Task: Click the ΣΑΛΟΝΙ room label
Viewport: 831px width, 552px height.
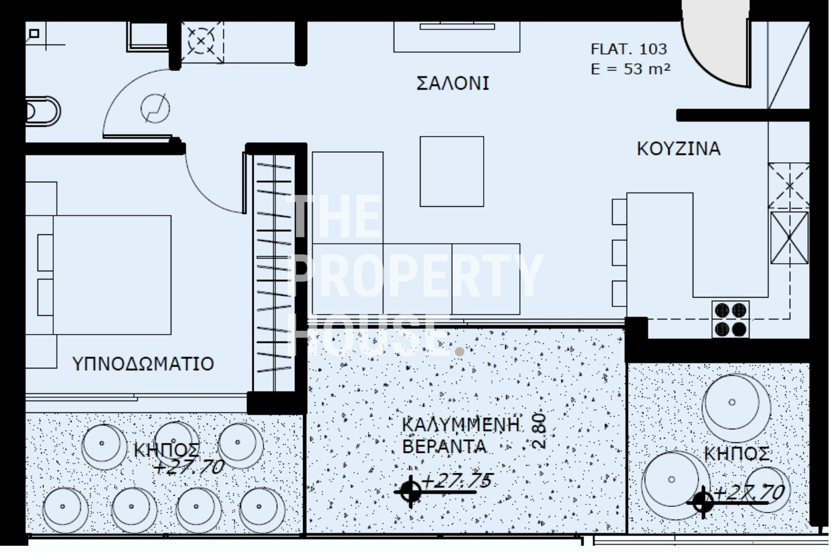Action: tap(452, 83)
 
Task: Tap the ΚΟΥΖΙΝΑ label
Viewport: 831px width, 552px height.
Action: tap(678, 148)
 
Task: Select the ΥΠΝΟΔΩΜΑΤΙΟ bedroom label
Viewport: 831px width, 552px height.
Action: tap(143, 363)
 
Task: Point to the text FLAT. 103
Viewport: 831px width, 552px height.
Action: tap(629, 49)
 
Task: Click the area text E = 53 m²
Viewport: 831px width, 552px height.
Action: tap(630, 69)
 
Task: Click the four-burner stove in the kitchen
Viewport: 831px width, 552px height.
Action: tap(730, 320)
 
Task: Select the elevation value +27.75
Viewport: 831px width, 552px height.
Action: tap(457, 481)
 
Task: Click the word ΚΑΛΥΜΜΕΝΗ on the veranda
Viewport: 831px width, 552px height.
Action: tap(461, 425)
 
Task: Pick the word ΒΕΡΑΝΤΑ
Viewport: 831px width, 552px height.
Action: tap(444, 446)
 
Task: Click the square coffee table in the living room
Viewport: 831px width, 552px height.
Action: tap(452, 171)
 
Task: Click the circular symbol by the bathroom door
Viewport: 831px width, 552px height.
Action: tap(155, 109)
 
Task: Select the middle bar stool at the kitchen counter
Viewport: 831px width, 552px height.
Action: tap(619, 253)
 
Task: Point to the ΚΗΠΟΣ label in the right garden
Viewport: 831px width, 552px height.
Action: tap(736, 454)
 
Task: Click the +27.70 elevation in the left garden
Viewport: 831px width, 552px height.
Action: tap(189, 467)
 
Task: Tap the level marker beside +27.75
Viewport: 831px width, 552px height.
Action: tap(410, 492)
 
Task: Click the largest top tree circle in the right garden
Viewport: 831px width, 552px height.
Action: tap(732, 402)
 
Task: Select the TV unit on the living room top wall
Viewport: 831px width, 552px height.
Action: tap(457, 37)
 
